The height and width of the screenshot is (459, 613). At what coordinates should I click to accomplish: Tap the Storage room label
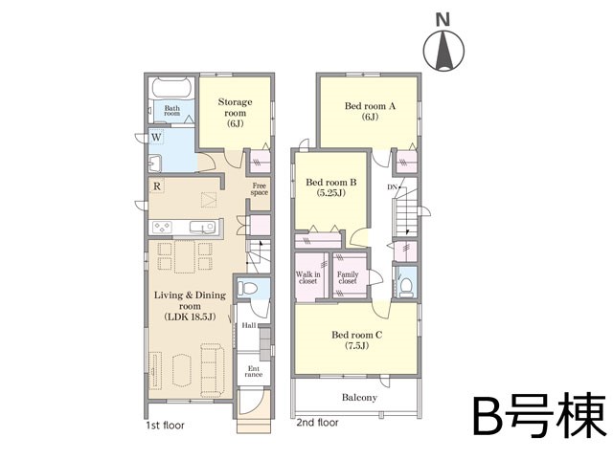(x=235, y=113)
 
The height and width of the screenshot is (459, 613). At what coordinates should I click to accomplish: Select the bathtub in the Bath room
(x=172, y=88)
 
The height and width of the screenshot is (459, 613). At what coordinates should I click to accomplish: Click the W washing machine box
(x=156, y=138)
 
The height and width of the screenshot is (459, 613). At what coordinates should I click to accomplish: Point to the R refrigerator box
(x=157, y=186)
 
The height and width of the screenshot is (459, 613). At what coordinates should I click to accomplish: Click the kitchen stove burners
(x=162, y=228)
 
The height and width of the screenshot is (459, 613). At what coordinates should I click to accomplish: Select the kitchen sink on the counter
(x=202, y=228)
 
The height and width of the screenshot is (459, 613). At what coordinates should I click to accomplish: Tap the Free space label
(x=260, y=189)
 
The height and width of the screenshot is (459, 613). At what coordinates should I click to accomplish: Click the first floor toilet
(x=248, y=289)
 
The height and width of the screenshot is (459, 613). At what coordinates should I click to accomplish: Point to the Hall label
(x=249, y=325)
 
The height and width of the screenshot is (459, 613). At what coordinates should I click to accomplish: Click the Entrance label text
(x=254, y=371)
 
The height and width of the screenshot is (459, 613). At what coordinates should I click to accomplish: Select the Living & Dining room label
(x=190, y=306)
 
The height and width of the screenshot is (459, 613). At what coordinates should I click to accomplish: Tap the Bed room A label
(x=370, y=111)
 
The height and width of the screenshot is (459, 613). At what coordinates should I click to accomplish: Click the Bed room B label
(x=331, y=187)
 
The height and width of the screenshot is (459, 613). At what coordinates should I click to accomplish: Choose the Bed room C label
(x=357, y=340)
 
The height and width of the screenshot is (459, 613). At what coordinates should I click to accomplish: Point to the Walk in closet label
(x=308, y=277)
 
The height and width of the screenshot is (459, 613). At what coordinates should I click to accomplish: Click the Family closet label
(x=348, y=277)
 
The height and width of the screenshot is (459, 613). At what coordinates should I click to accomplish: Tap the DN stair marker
(x=393, y=187)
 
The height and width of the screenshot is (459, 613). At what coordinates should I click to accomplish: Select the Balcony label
(x=359, y=398)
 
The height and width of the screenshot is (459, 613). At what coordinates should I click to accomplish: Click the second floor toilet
(x=407, y=286)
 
